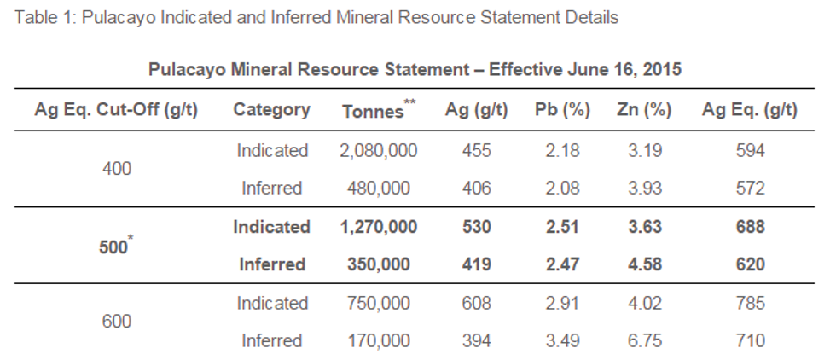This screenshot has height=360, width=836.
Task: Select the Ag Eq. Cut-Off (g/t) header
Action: point(116,110)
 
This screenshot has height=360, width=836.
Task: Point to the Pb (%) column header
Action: point(562,110)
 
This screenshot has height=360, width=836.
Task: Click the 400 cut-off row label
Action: point(116,169)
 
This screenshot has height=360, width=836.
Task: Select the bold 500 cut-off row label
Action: point(113,246)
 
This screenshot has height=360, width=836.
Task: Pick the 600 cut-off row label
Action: point(116,322)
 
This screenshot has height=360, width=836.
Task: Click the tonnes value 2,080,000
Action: point(378,151)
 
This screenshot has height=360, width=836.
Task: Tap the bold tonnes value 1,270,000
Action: point(378,227)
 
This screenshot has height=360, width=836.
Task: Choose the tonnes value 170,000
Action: point(378,341)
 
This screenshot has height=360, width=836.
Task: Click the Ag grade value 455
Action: point(477,151)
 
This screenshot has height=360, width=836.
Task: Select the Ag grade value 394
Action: point(477,341)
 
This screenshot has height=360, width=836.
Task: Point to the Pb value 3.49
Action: point(562,341)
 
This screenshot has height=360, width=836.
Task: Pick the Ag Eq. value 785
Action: point(750,303)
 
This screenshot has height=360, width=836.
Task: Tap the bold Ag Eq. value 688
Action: point(750,227)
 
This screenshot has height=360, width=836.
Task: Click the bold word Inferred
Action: point(271,264)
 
